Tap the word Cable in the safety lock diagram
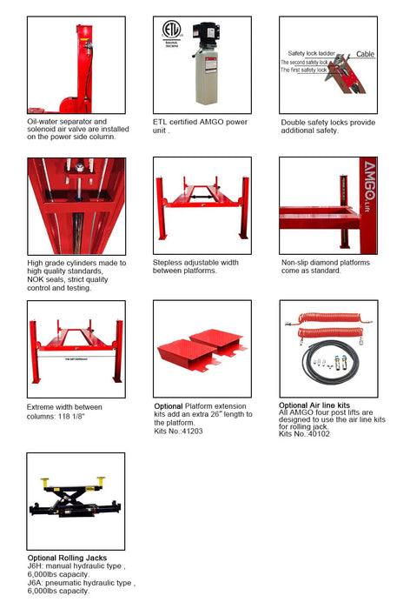(366, 54)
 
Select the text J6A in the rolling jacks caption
(35, 583)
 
